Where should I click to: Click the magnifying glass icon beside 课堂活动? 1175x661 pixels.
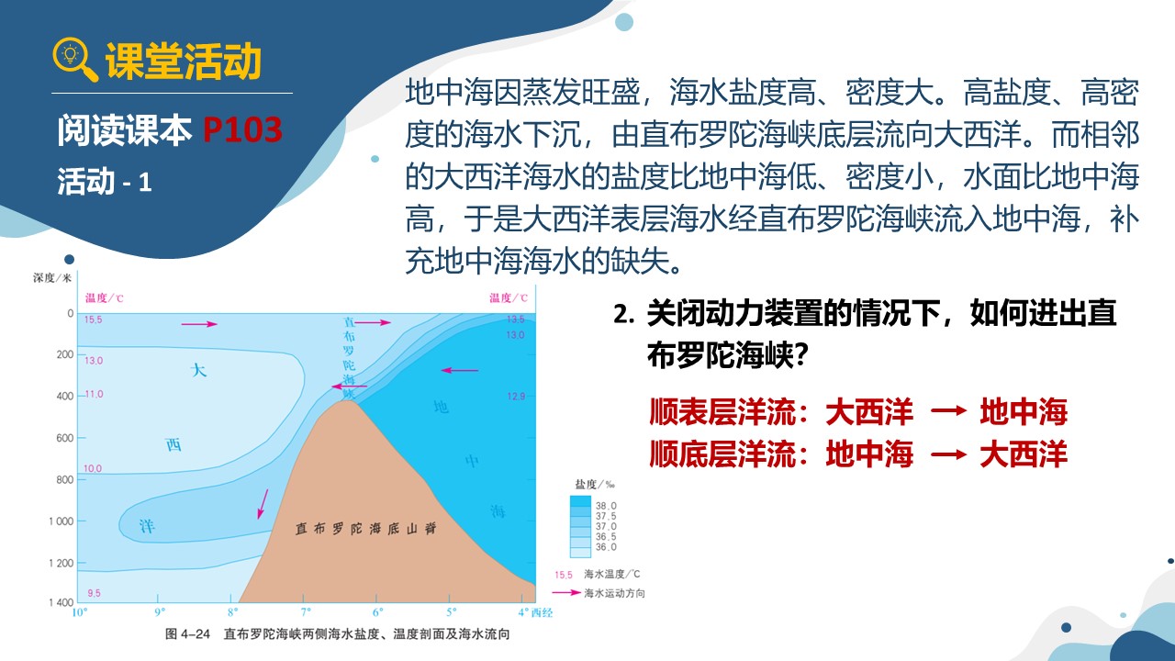(74, 60)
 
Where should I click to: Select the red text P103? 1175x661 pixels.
(242, 129)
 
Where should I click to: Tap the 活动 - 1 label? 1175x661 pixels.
(105, 182)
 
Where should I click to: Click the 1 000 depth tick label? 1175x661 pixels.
(62, 521)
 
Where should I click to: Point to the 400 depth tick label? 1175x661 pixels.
(65, 396)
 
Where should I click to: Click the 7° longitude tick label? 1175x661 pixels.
(306, 612)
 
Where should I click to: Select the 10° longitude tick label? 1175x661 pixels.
(80, 612)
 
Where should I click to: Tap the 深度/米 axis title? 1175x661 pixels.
(52, 277)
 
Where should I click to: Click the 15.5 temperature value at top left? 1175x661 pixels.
(94, 319)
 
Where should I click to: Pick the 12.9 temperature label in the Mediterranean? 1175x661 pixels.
(516, 397)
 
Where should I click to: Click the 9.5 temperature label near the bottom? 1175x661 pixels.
(94, 593)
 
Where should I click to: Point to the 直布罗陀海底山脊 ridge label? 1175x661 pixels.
(365, 528)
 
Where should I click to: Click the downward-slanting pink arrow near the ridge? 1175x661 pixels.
(263, 504)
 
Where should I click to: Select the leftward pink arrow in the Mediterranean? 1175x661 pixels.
(460, 370)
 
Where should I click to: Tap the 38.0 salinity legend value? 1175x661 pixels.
(606, 506)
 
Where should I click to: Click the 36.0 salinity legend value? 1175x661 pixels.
(606, 547)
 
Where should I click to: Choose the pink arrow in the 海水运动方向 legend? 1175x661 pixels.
(566, 593)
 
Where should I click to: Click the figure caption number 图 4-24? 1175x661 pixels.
(187, 633)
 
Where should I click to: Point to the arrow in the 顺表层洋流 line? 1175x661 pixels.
(948, 410)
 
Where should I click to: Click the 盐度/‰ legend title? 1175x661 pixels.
(595, 484)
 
